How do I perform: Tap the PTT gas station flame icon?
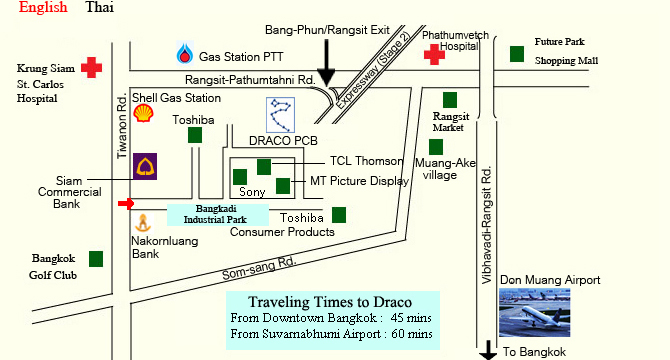(x=185, y=54)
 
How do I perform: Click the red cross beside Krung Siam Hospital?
(x=92, y=67)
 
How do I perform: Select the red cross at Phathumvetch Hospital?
(x=434, y=55)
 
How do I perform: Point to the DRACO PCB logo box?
(x=282, y=116)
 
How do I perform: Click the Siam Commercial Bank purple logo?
(x=147, y=167)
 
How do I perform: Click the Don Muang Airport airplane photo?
(x=537, y=314)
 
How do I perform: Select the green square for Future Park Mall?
(x=517, y=53)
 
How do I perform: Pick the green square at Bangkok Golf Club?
(x=96, y=259)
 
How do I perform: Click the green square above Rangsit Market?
(x=450, y=99)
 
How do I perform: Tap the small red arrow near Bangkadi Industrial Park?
(x=125, y=204)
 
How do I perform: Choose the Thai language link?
(x=100, y=8)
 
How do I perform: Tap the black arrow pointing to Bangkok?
(x=488, y=349)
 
